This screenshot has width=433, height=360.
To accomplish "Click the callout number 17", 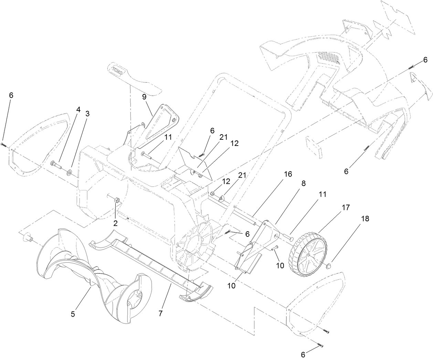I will tap(346, 208).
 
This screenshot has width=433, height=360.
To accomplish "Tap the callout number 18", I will tap(365, 219).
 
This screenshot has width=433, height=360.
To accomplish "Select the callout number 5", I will tap(73, 314).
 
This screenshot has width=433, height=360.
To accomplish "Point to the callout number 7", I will tap(160, 314).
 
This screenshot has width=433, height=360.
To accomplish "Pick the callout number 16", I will tap(288, 174).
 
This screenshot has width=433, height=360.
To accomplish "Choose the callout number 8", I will tap(303, 184).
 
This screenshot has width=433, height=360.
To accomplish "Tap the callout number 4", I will tap(78, 109).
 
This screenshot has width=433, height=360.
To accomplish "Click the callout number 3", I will tap(87, 114).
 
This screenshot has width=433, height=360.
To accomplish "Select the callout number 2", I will tap(116, 223).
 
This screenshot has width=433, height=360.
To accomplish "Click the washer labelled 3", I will tap(70, 171).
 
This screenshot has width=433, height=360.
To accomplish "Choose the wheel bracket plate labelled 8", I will tap(262, 241).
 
